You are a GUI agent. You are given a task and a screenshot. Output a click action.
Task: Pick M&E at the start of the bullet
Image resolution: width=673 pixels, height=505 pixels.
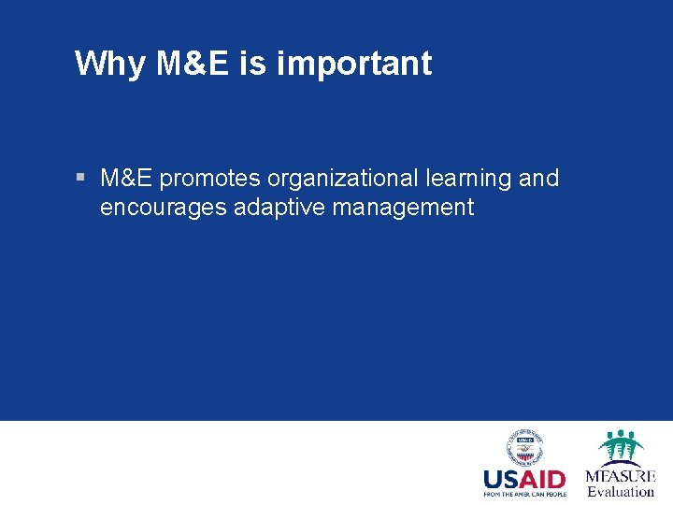[126, 178]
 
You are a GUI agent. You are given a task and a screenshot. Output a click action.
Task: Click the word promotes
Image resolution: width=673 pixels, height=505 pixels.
[210, 179]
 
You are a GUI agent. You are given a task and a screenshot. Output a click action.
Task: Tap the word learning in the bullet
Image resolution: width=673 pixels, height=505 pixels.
[473, 179]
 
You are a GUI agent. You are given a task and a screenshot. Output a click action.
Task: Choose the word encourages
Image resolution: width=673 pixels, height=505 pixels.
[164, 208]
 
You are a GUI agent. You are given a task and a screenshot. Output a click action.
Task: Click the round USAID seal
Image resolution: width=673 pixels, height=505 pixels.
[524, 448]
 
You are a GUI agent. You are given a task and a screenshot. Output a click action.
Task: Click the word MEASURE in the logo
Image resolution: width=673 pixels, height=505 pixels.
[621, 476]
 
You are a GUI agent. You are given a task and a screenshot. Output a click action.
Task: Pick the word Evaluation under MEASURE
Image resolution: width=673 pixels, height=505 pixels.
[621, 491]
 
